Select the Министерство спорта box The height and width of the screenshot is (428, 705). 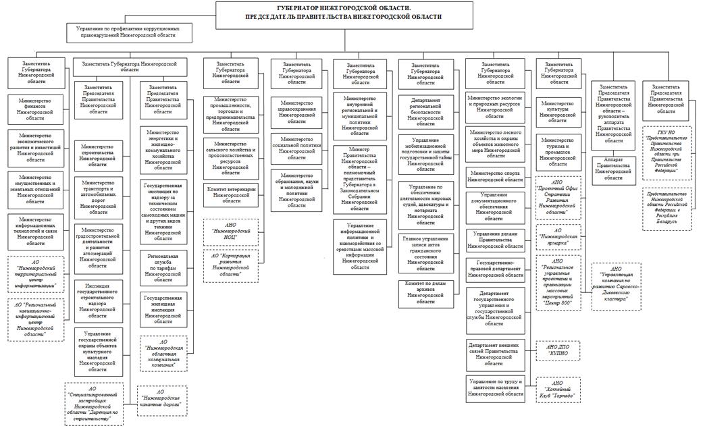(x=495, y=176)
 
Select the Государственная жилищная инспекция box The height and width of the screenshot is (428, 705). (x=163, y=305)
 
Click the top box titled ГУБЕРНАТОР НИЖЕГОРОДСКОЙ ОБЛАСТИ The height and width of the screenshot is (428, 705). (x=330, y=14)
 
